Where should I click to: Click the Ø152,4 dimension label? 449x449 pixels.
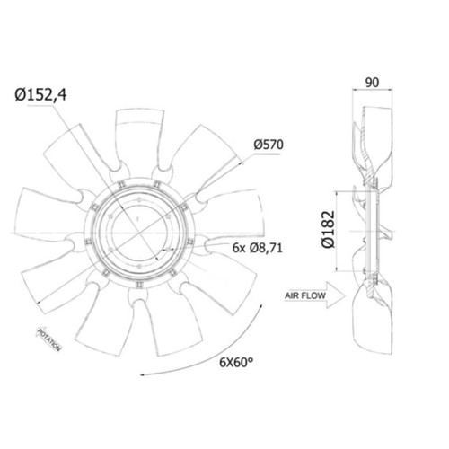click(41, 95)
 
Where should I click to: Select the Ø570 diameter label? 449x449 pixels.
click(269, 145)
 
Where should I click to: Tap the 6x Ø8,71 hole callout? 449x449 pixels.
click(258, 248)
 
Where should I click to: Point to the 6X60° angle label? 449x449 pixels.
click(236, 362)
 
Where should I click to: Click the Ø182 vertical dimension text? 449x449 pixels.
click(328, 229)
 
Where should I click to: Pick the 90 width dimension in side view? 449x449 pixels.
click(372, 83)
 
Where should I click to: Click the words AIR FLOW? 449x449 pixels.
click(304, 295)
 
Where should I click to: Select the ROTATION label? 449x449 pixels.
click(49, 339)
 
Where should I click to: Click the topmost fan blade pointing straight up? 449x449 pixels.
click(138, 137)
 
